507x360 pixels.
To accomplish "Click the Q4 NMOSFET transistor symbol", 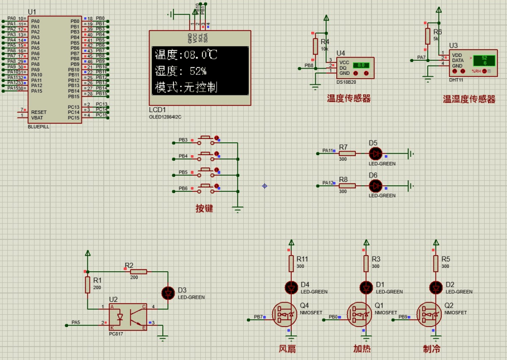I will coord(285,315).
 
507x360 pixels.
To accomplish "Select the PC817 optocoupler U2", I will coord(128,316).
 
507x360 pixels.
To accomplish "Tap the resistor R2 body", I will coord(138,271).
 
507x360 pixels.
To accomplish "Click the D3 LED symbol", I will coord(167,292).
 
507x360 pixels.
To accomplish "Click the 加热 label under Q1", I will coord(361,349).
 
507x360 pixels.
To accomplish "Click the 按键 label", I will coord(204,209).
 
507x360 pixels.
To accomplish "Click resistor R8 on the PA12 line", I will coord(347,185).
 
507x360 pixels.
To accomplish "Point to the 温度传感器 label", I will coord(349,99).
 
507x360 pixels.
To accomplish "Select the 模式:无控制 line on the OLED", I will coord(186,88).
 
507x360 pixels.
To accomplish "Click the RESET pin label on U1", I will coord(39,112).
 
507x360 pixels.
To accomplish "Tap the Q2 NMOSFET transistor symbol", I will coord(431,315).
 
